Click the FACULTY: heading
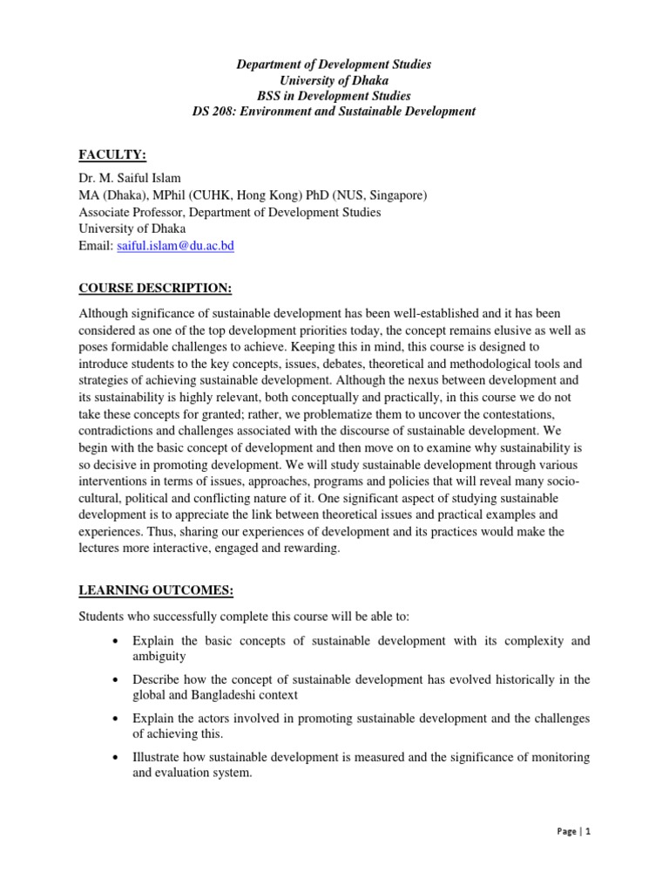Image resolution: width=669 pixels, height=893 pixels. click(112, 154)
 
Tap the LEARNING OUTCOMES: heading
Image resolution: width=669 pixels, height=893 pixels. click(156, 590)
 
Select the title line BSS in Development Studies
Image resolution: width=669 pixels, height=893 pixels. click(334, 97)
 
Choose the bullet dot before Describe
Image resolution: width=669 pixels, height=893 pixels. click(116, 679)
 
